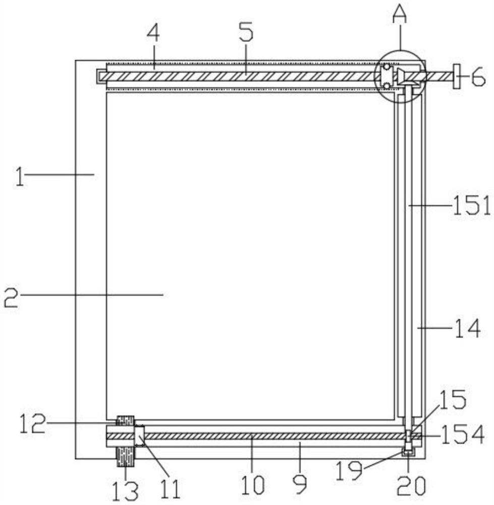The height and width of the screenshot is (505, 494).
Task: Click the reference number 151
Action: (471, 206)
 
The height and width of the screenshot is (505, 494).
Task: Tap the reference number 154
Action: (463, 434)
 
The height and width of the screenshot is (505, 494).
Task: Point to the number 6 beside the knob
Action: (478, 77)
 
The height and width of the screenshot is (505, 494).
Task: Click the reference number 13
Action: (126, 491)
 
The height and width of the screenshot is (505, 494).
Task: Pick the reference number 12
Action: (32, 423)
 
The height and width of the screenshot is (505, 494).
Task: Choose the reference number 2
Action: (11, 297)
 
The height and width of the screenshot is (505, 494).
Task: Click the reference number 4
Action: (153, 33)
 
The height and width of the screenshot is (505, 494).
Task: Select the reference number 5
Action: (246, 31)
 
